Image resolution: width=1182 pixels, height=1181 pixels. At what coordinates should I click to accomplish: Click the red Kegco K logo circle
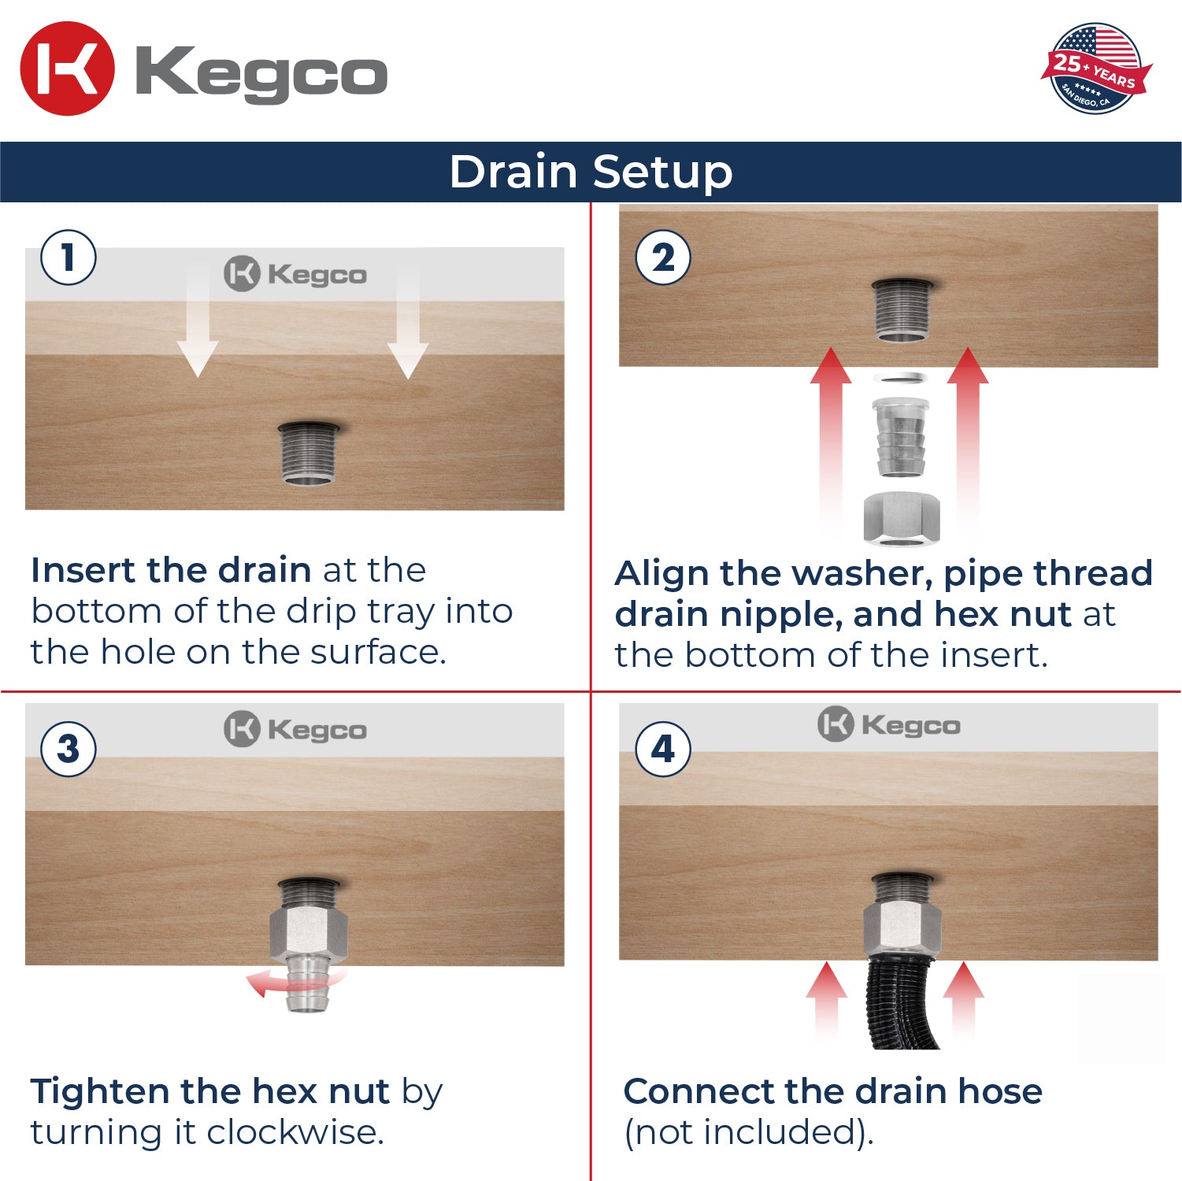click(x=67, y=69)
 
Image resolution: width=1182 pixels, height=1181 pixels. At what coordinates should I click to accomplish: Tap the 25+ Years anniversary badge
click(x=1095, y=68)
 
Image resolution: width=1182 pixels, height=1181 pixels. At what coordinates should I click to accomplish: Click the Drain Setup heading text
click(x=591, y=172)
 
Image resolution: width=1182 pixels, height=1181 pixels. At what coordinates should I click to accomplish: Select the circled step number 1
click(x=69, y=257)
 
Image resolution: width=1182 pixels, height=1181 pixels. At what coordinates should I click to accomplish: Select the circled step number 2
click(x=663, y=257)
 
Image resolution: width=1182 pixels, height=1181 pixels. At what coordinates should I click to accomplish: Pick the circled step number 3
click(x=69, y=749)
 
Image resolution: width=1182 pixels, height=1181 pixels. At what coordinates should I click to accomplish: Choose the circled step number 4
click(x=663, y=749)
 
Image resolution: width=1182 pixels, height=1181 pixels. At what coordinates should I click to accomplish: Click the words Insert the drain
click(x=171, y=570)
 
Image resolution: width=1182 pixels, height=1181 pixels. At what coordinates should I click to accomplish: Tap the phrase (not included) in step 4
click(x=748, y=1132)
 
